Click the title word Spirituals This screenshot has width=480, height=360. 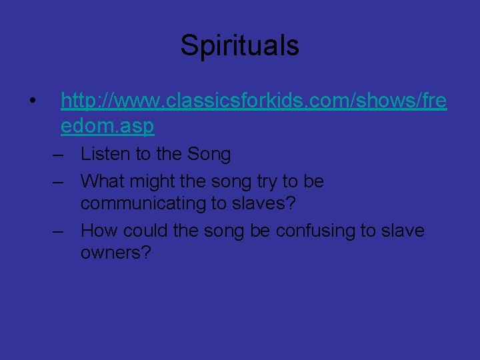pos(239,46)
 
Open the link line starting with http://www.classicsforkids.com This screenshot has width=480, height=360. pos(253,101)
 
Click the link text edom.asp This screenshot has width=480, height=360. pos(107,125)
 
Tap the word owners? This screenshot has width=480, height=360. pos(116,253)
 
